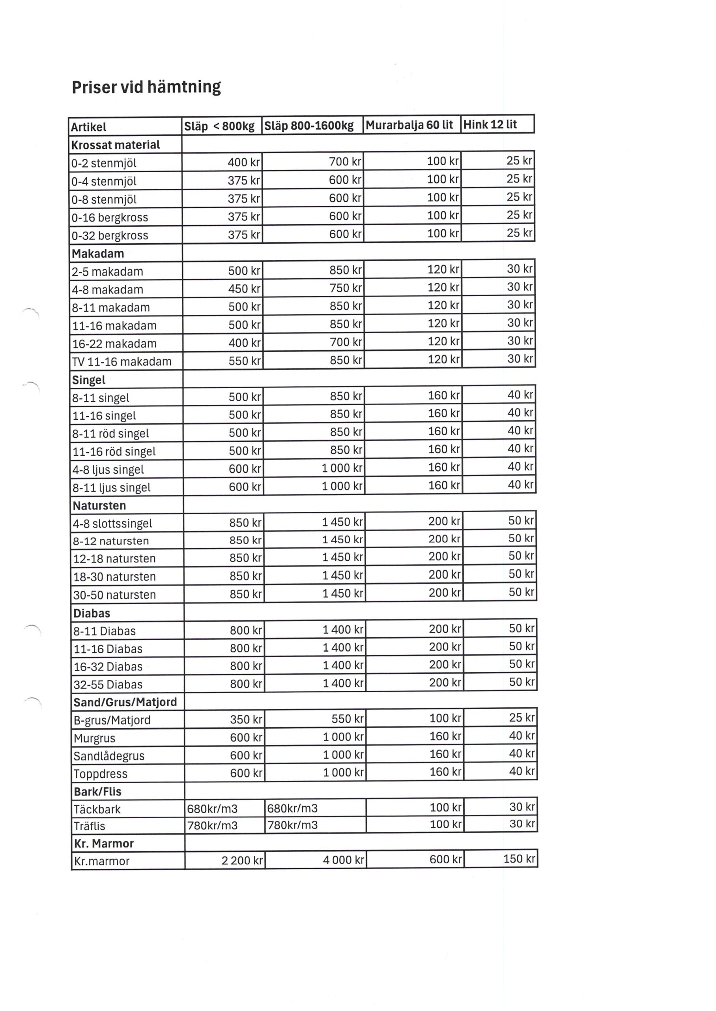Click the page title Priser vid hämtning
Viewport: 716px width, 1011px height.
146,87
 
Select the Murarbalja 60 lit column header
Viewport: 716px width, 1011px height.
409,125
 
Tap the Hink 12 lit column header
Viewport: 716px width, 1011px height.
490,124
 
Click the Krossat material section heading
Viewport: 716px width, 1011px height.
116,145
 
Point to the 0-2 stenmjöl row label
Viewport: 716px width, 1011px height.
104,163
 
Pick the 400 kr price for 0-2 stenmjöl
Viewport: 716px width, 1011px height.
244,162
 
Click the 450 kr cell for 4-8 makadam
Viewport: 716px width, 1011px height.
244,289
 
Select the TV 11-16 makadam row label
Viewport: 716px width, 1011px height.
122,361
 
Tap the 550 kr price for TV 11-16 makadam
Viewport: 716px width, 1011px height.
244,361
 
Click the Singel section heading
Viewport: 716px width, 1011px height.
89,380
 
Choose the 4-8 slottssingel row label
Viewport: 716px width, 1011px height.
112,523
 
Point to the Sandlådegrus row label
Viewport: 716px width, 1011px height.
109,756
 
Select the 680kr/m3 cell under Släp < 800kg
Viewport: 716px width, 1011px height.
212,809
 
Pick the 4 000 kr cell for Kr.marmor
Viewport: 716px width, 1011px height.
343,860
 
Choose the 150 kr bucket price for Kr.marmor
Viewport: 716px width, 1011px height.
519,859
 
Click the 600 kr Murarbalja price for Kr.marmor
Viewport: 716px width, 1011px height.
445,859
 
